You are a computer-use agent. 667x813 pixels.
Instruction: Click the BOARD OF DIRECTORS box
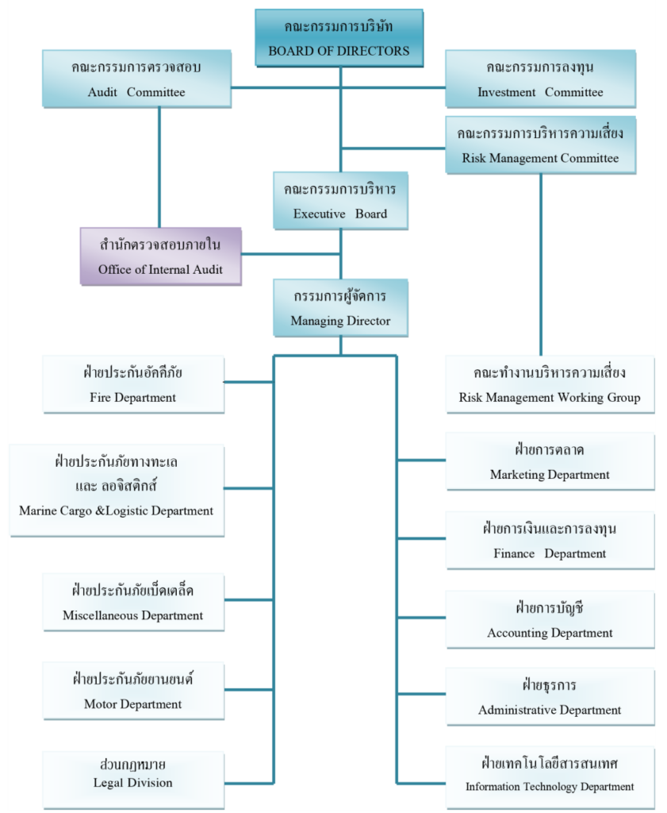(339, 38)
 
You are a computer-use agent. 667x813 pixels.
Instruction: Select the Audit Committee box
(136, 79)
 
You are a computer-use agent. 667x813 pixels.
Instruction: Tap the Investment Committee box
(540, 79)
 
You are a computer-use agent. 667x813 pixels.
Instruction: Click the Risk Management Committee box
(540, 144)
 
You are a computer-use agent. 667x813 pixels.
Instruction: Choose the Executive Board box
(340, 201)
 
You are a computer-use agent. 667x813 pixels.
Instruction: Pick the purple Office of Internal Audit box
(160, 256)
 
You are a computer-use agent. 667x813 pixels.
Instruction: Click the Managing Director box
(340, 308)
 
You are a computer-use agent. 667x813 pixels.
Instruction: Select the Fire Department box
(133, 384)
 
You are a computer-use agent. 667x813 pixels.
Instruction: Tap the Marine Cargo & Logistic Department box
(116, 490)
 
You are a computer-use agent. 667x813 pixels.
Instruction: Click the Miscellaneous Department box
(133, 603)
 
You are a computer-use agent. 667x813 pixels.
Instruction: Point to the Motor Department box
(133, 691)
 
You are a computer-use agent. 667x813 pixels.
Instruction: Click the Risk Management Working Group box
(550, 384)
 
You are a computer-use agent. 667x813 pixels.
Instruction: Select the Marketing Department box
(550, 461)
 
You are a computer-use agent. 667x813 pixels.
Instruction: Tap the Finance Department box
(550, 541)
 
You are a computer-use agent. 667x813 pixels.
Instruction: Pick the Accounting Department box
(550, 619)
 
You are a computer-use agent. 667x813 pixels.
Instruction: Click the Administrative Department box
(550, 697)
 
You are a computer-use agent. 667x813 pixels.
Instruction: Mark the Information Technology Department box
(550, 774)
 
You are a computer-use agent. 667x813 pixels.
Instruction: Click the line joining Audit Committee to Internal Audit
(159, 167)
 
